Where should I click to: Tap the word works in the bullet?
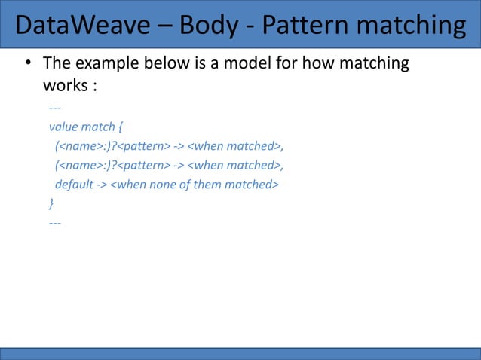[x=65, y=85]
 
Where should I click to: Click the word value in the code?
[x=65, y=127]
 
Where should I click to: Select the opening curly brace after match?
[x=121, y=127]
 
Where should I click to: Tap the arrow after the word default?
[x=102, y=185]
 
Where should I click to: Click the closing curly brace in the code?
[x=51, y=203]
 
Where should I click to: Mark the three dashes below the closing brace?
[x=55, y=224]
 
